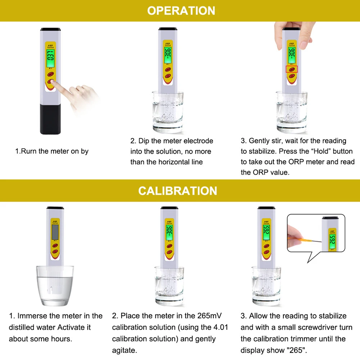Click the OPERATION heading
point(181,10)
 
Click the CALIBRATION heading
point(178,190)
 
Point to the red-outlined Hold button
point(292,69)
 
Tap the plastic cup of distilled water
point(55,284)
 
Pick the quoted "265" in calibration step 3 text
point(299,350)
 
